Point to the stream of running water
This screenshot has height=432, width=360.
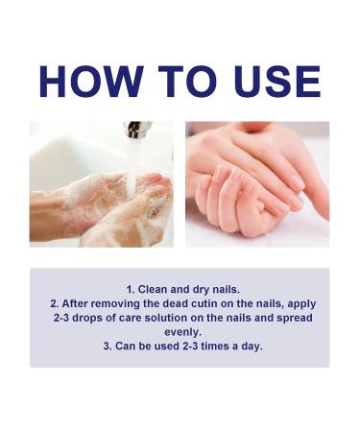(132, 163)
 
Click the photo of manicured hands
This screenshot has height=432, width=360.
(256, 184)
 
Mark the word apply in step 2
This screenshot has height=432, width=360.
(303, 301)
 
